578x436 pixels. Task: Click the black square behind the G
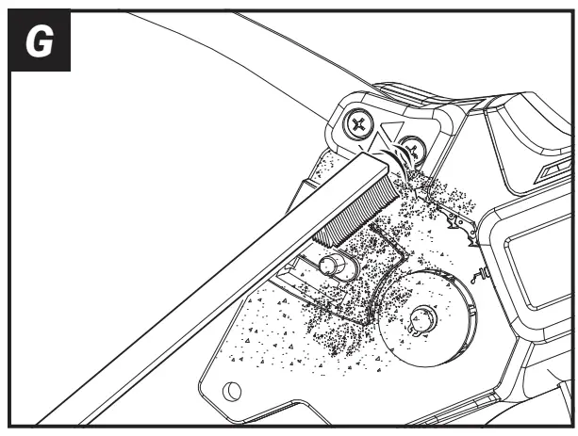[40, 40]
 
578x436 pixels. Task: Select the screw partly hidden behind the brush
[413, 150]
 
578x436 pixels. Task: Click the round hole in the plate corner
[232, 392]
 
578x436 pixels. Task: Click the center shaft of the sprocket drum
[423, 317]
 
